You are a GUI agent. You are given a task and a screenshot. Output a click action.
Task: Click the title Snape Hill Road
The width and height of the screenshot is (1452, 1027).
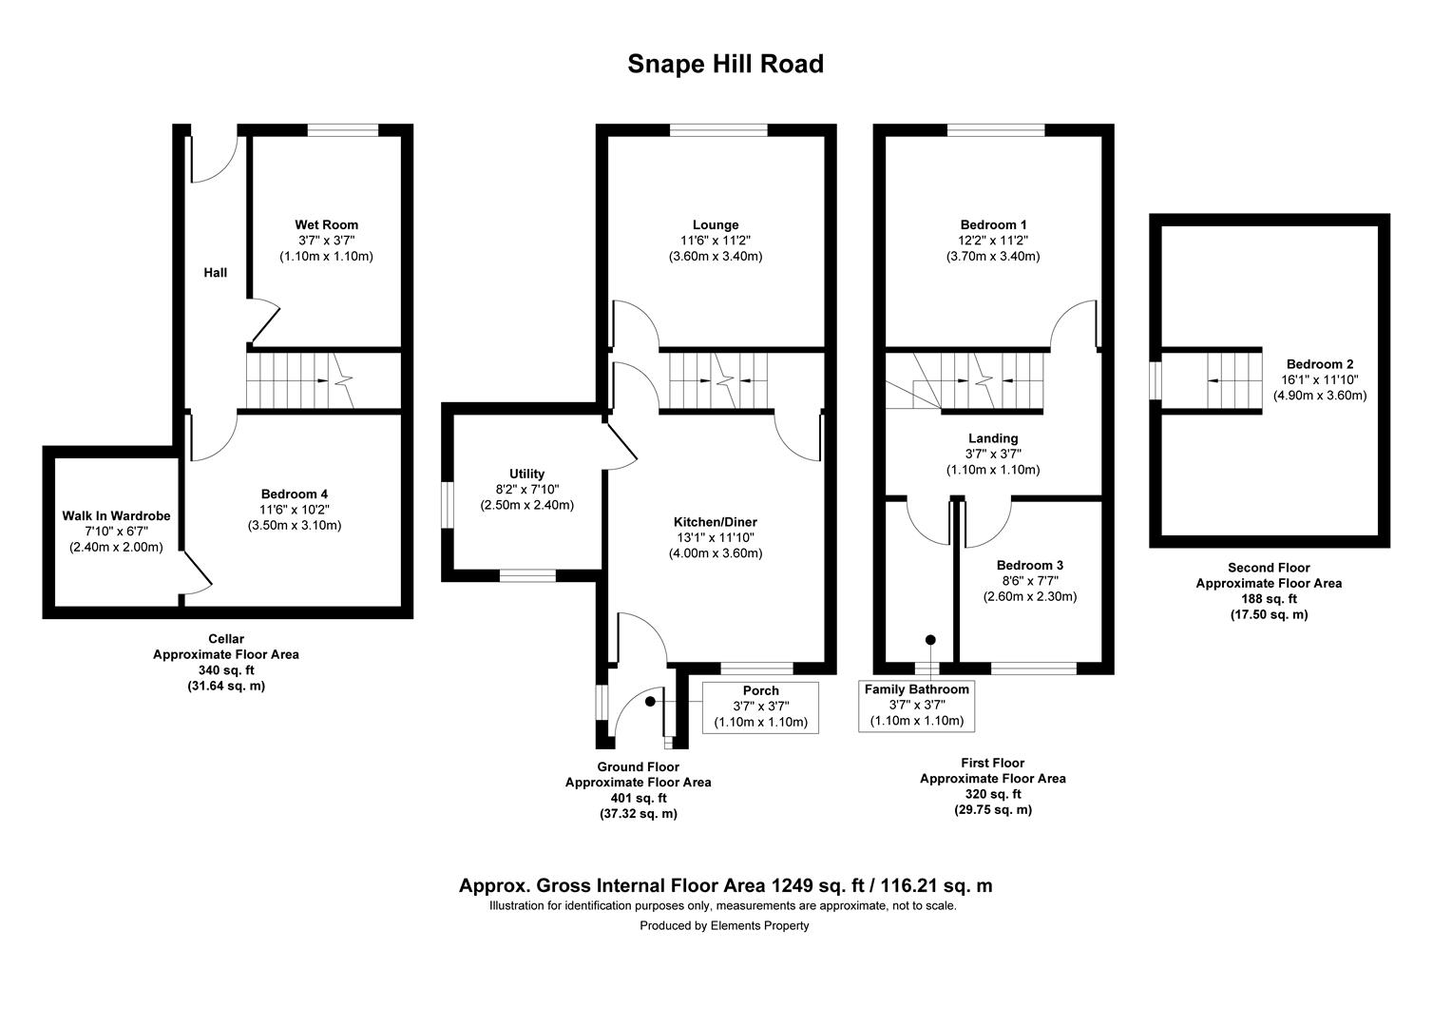725,64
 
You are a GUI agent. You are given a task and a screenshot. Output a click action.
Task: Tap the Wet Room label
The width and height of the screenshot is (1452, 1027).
326,225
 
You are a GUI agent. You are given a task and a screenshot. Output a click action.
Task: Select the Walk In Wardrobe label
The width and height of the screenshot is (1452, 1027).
116,516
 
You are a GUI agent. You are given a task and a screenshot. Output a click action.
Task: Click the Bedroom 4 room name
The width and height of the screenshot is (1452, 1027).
295,494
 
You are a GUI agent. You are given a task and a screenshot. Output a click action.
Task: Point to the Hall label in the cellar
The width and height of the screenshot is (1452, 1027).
216,273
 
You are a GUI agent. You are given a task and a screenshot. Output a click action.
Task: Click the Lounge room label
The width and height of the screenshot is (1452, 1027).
716,225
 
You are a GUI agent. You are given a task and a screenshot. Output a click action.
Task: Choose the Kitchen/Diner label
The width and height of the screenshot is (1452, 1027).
715,522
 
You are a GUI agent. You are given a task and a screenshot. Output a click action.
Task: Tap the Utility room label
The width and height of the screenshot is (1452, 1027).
526,474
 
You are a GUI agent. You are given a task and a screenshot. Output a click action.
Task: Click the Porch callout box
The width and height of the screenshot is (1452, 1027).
760,707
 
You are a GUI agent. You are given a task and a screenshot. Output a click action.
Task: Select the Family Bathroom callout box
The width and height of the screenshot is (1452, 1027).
916,705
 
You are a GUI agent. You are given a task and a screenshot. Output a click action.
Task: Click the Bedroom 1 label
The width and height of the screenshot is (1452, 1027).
993,225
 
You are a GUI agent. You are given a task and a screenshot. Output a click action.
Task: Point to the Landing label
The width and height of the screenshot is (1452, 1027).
993,438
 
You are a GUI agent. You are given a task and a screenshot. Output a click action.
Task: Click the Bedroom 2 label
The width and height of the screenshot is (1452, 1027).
1319,364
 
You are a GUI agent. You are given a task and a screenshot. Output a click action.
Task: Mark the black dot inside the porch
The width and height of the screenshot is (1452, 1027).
650,702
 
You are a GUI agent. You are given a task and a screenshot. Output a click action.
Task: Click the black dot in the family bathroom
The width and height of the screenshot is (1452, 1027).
930,640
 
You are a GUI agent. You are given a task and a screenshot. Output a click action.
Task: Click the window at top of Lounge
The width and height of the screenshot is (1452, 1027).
718,130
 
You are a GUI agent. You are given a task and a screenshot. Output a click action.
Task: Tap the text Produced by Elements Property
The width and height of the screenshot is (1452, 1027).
724,925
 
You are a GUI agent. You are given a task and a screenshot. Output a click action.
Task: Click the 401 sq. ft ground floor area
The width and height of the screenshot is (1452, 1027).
638,798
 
